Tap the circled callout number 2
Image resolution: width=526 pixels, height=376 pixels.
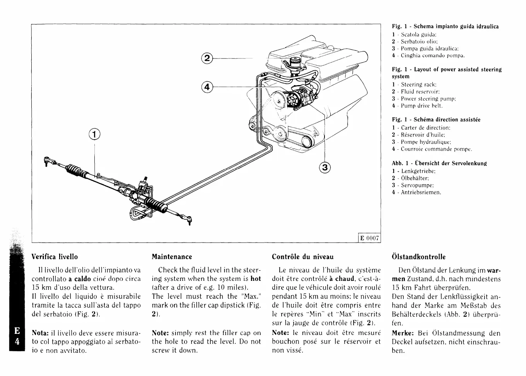(207, 58)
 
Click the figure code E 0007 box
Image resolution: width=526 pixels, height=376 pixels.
(369, 238)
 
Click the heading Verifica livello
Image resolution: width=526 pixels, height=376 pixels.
(55, 257)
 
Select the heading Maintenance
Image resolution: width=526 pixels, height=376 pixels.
(172, 257)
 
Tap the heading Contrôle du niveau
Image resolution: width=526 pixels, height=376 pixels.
(302, 257)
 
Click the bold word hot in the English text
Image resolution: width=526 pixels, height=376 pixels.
(256, 279)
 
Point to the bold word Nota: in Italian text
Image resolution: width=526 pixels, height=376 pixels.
(40, 333)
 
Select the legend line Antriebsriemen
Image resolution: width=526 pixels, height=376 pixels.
(420, 192)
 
